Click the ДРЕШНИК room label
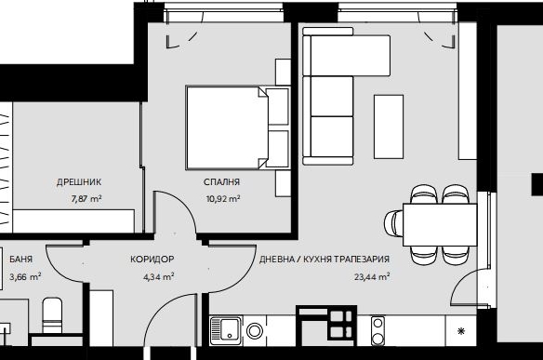79,182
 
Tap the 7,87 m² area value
86,199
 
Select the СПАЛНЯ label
221,182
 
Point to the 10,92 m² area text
223,199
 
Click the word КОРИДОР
152,260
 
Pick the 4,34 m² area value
159,277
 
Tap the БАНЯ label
21,260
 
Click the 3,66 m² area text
26,277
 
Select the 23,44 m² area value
372,277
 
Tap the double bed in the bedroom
227,127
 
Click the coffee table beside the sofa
389,127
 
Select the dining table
440,225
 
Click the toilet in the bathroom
52,314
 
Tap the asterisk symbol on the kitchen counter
461,331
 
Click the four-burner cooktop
342,325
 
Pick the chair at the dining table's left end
393,224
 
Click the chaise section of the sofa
351,56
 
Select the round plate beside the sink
255,330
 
